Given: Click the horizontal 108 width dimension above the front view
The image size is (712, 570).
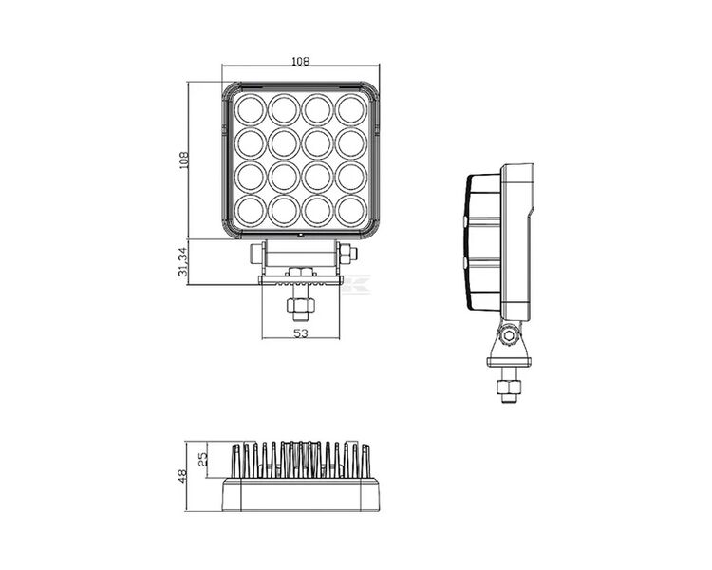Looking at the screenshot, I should [300, 61].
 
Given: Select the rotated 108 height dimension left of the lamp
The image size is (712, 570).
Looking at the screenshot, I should [183, 159].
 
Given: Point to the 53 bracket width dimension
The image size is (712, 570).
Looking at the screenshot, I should [300, 333].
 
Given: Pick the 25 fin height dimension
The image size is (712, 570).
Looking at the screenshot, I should [202, 460].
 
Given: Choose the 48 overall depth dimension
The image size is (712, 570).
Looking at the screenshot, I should [183, 476].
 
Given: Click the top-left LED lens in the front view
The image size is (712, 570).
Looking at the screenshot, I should [251, 109].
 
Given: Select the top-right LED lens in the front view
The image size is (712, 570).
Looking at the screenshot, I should [350, 109].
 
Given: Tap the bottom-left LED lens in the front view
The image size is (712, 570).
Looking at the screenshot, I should [251, 211].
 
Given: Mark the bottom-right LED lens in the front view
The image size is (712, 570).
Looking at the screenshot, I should [350, 211].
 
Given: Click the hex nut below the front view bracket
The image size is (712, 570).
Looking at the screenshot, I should [300, 307].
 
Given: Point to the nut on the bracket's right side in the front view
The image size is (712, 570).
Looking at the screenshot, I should [347, 254].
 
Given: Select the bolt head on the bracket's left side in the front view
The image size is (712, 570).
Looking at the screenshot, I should [255, 254].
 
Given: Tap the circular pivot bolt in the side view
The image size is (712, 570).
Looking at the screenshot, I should [511, 334].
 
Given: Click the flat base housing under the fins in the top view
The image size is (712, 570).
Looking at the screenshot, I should [300, 495].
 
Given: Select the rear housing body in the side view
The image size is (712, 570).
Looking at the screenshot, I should [518, 242].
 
